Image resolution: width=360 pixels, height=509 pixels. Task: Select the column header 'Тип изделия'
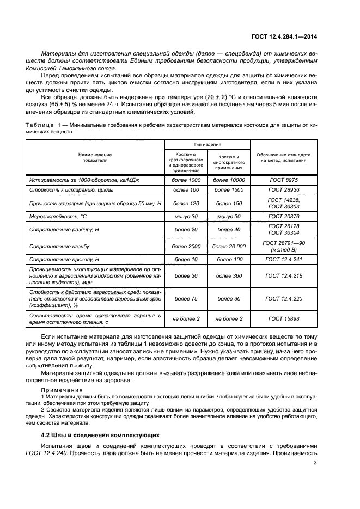click(208, 145)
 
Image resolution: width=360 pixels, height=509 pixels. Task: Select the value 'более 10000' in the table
click(229, 180)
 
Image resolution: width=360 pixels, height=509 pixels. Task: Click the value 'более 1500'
click(229, 190)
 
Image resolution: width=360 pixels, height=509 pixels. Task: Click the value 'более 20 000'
click(229, 247)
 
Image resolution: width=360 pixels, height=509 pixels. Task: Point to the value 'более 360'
click(229, 276)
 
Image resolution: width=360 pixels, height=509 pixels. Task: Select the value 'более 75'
click(186, 298)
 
